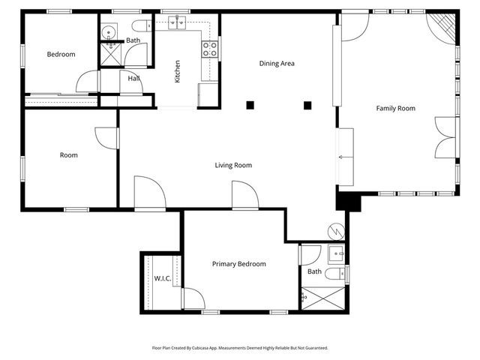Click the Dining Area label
(x=277, y=64)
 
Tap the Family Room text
(x=395, y=109)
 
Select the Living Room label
(x=233, y=165)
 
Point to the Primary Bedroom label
(x=238, y=264)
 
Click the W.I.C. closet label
(x=163, y=279)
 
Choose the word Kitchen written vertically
(x=178, y=71)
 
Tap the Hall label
(x=133, y=78)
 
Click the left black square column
(x=251, y=105)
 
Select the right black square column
(x=307, y=105)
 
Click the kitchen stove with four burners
(x=210, y=49)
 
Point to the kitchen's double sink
(x=178, y=24)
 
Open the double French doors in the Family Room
(x=445, y=138)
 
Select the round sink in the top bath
(x=109, y=31)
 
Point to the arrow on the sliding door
(x=343, y=157)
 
